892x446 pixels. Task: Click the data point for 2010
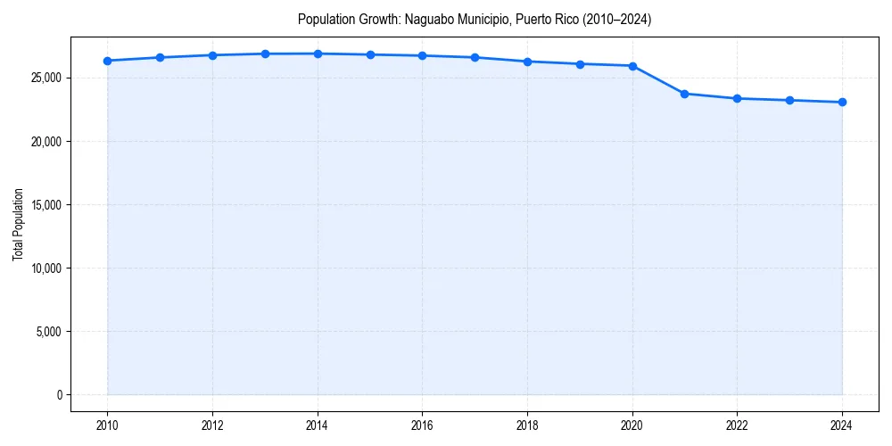(107, 61)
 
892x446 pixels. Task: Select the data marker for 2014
(318, 54)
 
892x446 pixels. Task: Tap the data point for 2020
(632, 66)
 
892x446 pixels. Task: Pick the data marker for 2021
(684, 94)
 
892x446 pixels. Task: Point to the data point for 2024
(842, 102)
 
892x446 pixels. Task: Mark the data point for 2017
(475, 57)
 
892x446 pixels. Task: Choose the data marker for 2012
(212, 55)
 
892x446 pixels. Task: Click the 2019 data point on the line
(580, 64)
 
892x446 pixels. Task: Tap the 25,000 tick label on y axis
(45, 78)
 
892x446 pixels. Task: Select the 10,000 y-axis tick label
(45, 268)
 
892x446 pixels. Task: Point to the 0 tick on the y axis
(58, 394)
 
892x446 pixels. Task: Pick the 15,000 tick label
(45, 204)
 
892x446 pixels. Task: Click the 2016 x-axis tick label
(422, 425)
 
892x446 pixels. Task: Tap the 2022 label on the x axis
(737, 425)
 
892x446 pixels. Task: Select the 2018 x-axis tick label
(527, 425)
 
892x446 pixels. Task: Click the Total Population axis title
(18, 224)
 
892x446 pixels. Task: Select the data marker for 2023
(789, 100)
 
